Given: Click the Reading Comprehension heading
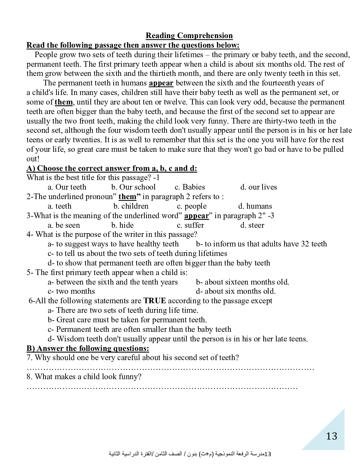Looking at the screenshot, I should [189, 36].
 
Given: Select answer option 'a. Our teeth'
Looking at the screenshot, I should [67, 187].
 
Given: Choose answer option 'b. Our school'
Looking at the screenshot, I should [133, 187].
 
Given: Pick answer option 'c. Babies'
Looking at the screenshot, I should [190, 187].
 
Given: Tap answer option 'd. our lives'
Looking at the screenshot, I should [259, 187].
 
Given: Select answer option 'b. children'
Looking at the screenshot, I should [131, 206].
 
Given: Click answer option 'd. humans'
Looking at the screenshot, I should [255, 206].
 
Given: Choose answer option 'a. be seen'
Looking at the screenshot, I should [64, 225].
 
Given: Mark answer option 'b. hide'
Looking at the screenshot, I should [122, 225].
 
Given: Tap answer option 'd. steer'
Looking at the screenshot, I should [252, 225].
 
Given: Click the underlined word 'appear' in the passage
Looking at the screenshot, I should [161, 83].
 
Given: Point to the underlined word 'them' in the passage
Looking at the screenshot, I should [64, 102].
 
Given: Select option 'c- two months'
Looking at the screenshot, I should [71, 291].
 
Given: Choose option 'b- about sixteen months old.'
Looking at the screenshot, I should [242, 282].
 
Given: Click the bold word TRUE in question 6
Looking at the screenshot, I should [155, 301].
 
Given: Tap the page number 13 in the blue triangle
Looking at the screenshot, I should [331, 436].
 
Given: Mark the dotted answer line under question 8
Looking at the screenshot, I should [162, 388].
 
